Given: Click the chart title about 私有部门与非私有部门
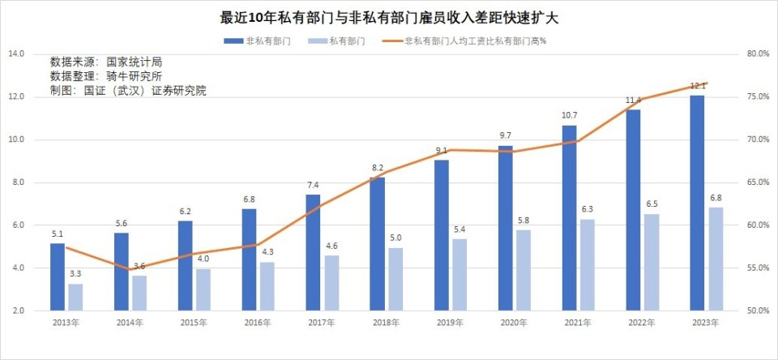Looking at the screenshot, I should [x=389, y=16].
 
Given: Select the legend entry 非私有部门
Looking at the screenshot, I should [x=263, y=40].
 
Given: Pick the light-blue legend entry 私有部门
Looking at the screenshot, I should [x=347, y=40].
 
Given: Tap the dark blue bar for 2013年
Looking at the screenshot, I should [x=57, y=276].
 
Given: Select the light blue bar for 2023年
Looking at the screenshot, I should [x=716, y=259].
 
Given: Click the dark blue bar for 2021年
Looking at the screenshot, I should [x=569, y=217].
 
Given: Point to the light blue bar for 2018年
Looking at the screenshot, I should [x=395, y=279].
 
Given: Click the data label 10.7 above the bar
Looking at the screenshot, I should [x=569, y=116].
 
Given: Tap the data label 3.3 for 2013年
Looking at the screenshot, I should [x=75, y=275].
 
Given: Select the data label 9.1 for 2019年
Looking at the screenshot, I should [x=441, y=151].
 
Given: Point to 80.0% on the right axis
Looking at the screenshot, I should [x=757, y=54].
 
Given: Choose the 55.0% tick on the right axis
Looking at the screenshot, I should [x=757, y=268].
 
